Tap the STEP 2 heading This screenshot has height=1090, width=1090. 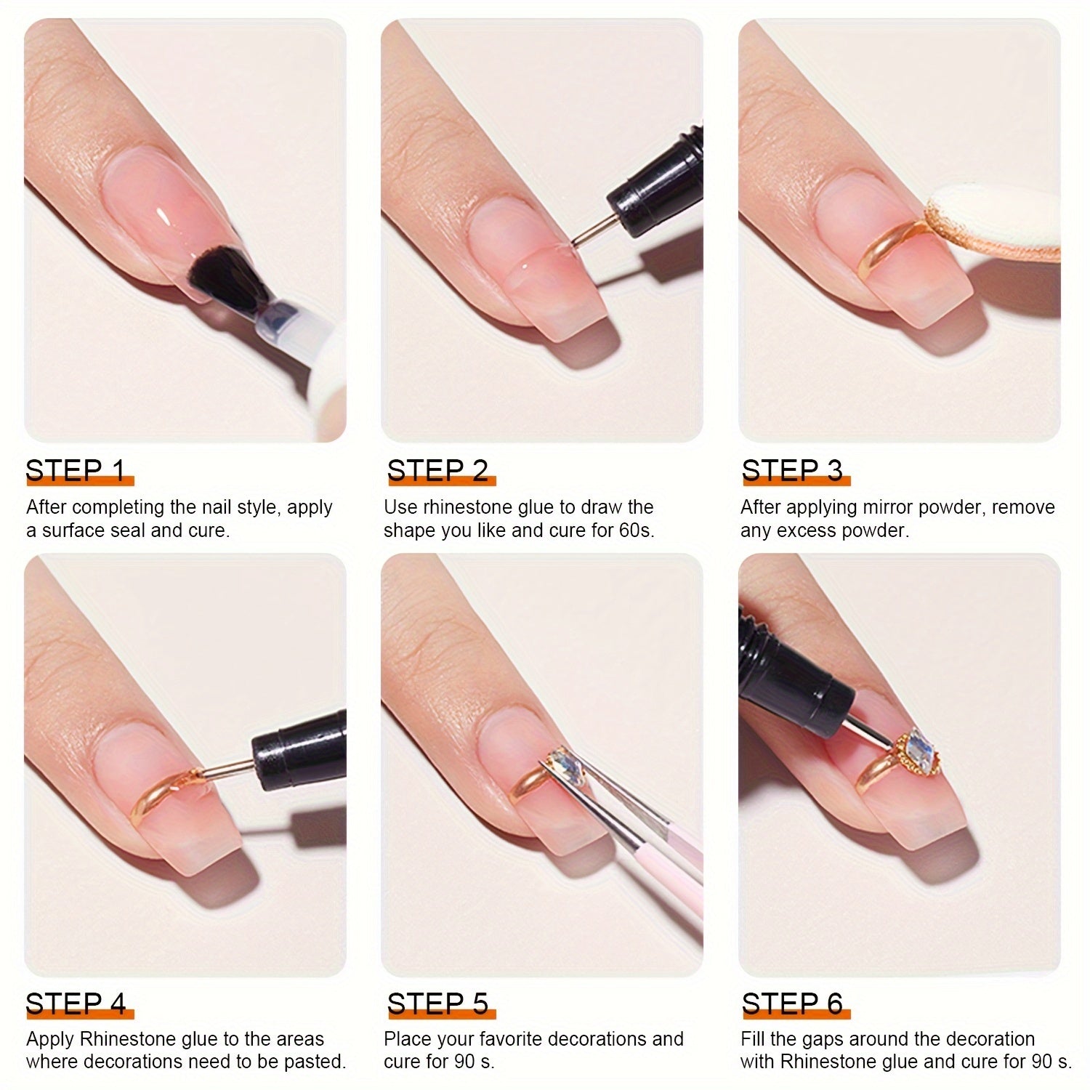click(x=437, y=471)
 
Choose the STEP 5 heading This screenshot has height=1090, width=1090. click(x=437, y=1004)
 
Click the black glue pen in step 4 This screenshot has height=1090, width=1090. click(x=298, y=748)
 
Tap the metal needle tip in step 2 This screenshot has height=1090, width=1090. click(x=590, y=230)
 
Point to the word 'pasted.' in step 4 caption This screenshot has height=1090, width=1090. click(x=315, y=1062)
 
